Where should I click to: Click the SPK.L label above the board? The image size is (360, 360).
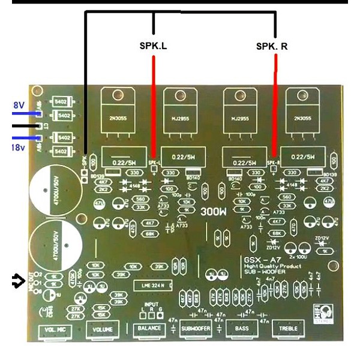pos(154,46)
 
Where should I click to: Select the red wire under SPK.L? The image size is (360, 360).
pos(154,108)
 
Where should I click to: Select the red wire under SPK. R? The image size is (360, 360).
pos(275,108)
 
